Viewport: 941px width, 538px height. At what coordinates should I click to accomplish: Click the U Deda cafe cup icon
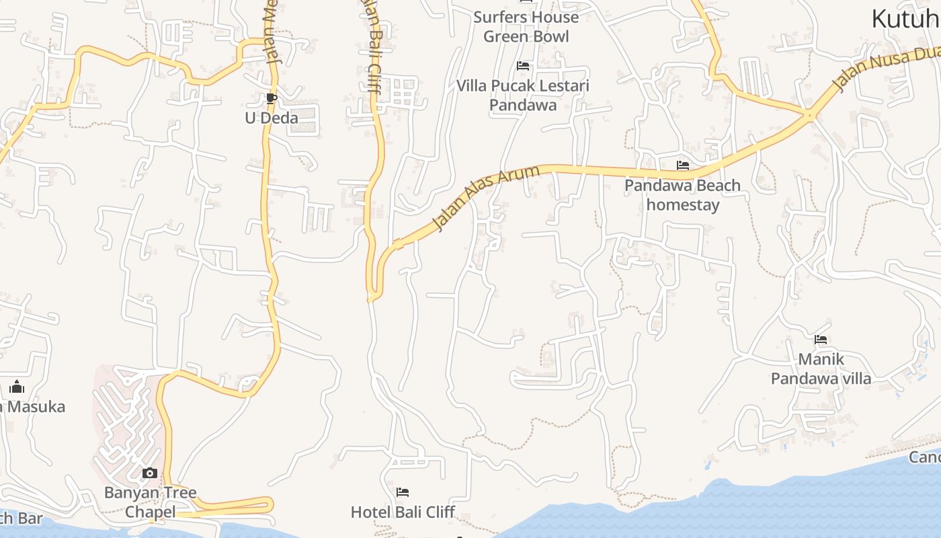(271, 99)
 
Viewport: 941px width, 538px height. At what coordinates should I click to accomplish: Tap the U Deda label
(271, 118)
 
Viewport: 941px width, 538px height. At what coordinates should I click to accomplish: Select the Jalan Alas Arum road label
(486, 198)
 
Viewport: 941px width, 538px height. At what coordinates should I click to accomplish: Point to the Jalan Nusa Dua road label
(886, 68)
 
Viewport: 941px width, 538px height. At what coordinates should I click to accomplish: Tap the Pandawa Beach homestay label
(682, 195)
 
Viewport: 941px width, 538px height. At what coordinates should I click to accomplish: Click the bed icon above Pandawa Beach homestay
(683, 165)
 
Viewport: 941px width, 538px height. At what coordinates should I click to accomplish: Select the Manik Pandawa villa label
(821, 369)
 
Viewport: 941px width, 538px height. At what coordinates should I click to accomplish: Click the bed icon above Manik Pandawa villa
(820, 340)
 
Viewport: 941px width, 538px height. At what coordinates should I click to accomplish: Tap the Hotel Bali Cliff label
(403, 512)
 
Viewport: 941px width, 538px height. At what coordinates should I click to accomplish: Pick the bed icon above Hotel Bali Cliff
(403, 492)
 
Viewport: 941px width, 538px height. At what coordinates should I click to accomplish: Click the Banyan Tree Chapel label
(151, 502)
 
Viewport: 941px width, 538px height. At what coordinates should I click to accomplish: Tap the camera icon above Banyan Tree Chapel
(150, 473)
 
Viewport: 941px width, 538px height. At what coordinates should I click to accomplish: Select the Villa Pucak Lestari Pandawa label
(522, 95)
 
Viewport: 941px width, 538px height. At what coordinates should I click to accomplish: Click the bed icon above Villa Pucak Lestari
(522, 66)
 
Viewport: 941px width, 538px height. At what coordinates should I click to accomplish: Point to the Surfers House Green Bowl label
(526, 26)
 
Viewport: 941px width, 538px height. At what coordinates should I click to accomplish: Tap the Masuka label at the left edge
(34, 406)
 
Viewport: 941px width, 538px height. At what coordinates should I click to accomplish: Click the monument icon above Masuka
(17, 387)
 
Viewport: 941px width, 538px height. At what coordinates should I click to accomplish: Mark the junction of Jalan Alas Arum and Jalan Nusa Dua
(809, 116)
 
